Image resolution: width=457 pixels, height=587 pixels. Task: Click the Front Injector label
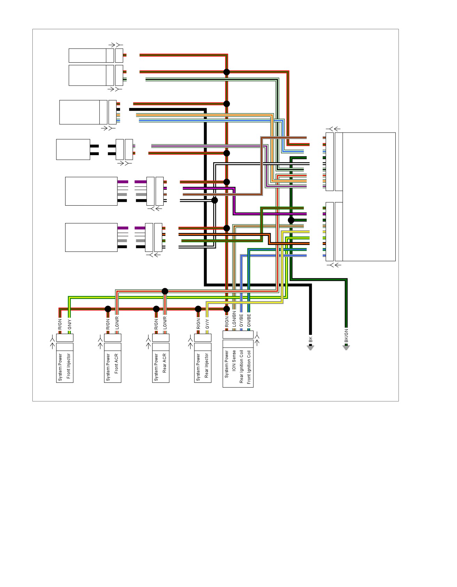[69, 366]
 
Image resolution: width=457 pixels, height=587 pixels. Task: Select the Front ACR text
[116, 364]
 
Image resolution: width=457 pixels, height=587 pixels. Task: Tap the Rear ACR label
[165, 363]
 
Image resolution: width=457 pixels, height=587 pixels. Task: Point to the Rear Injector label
[207, 366]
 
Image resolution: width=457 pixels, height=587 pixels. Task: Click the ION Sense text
[234, 361]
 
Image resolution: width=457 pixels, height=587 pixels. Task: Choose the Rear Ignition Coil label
[241, 367]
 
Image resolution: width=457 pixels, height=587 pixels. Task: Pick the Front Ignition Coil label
[249, 367]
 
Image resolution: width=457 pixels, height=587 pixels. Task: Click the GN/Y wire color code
[69, 324]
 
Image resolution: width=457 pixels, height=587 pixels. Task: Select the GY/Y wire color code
[207, 324]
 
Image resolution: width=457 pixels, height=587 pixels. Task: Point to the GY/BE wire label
[241, 322]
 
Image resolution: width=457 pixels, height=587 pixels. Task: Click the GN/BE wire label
[249, 322]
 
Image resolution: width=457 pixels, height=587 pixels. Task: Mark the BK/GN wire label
[346, 336]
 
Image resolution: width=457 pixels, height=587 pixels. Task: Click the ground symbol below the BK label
[310, 347]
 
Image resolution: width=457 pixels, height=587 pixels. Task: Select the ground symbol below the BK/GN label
[346, 347]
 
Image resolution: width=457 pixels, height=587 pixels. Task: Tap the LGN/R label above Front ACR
[117, 323]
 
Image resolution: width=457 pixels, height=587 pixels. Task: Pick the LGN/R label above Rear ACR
[165, 323]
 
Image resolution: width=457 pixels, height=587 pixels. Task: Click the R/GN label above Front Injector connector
[60, 324]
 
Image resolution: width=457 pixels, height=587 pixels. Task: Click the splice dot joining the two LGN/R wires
[165, 291]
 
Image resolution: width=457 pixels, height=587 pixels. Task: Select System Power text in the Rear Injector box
[198, 367]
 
